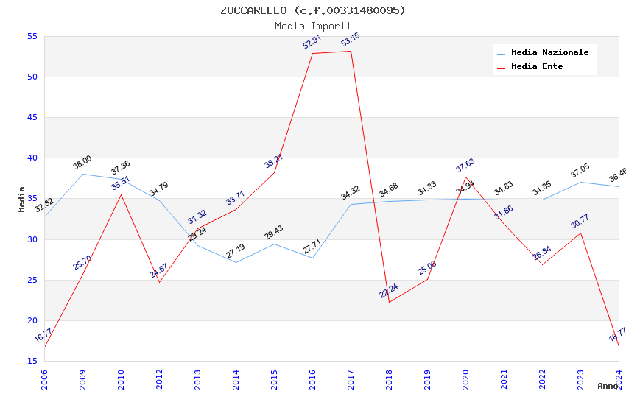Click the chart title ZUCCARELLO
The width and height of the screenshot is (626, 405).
(312, 10)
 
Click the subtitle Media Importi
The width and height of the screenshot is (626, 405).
(312, 26)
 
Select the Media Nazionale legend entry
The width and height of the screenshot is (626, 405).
(549, 53)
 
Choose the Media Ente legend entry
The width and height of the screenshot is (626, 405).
(537, 67)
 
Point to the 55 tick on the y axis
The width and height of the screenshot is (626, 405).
(32, 36)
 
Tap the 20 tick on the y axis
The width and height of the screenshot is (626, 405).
(32, 320)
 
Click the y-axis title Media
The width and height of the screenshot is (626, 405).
(21, 199)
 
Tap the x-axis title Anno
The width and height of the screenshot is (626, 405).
(608, 386)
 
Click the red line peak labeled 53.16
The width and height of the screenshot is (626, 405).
(351, 51)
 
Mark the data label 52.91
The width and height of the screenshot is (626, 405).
(312, 43)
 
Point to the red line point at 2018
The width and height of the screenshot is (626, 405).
(389, 302)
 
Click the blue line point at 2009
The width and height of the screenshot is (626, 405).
(82, 174)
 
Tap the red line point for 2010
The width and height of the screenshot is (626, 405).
(121, 194)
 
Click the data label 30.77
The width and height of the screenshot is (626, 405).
(580, 221)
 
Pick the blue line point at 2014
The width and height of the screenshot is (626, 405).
(236, 262)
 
